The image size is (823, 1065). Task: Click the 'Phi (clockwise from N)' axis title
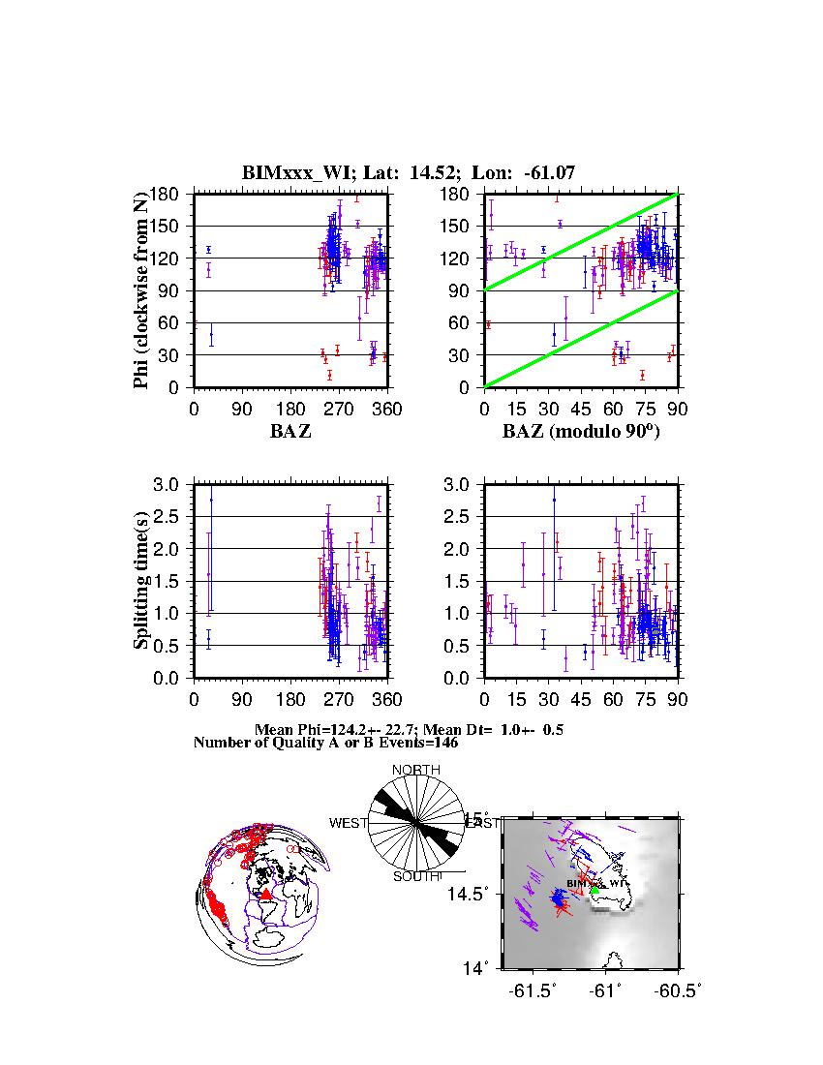pos(141,290)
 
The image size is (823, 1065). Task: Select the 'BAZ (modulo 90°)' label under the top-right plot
pos(580,432)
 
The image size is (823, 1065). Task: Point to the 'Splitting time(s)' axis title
pos(141,581)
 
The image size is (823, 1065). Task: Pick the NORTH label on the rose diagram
pos(416,770)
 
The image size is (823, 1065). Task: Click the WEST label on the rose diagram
pos(349,823)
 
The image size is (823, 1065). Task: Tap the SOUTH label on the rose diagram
pos(416,877)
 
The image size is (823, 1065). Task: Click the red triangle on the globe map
pos(266,895)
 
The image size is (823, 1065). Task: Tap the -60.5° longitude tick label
pos(679,990)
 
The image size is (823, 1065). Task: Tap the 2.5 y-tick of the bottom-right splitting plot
pos(457,516)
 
